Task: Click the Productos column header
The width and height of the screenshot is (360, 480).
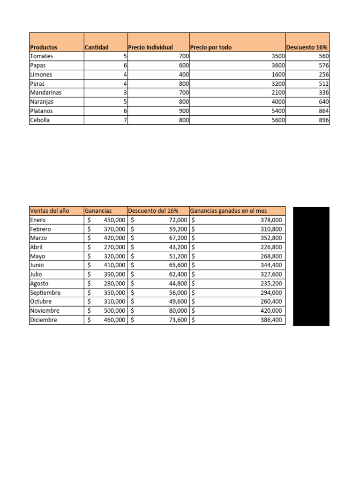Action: tap(44, 47)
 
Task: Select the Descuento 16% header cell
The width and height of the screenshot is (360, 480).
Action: tap(307, 47)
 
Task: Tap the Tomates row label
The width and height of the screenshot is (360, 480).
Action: tap(42, 56)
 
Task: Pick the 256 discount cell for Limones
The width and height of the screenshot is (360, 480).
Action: tap(323, 75)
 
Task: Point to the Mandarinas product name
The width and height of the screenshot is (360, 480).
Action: tap(45, 92)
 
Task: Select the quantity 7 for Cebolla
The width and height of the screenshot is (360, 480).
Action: tap(125, 120)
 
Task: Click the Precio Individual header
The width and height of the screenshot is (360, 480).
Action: tap(150, 47)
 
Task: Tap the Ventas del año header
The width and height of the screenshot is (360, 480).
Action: tap(49, 211)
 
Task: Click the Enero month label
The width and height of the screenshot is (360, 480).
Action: tap(38, 220)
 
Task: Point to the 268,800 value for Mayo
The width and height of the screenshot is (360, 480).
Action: tap(271, 256)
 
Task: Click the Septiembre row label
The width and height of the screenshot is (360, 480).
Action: tap(45, 292)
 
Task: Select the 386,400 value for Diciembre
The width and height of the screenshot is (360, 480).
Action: tap(271, 320)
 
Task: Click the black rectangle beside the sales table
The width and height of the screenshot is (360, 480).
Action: tap(311, 266)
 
